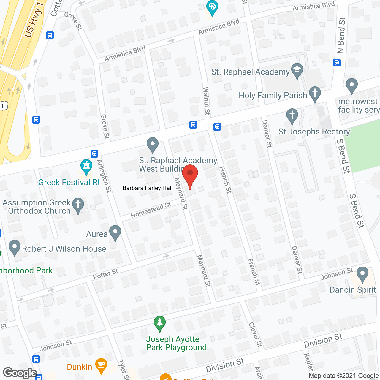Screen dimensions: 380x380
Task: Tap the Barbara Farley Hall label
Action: [x=148, y=188]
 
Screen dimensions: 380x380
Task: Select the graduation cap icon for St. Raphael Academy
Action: [x=297, y=70]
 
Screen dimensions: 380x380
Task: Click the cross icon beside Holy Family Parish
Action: [x=315, y=94]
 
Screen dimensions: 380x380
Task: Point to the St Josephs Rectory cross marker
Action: [x=292, y=116]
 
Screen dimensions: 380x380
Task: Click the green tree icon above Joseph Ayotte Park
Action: [x=160, y=323]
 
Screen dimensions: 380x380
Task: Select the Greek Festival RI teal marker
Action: [x=86, y=167]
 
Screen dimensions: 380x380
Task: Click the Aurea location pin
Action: [x=115, y=232]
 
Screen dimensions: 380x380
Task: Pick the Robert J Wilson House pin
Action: [x=14, y=247]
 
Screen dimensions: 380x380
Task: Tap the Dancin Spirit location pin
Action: [x=362, y=274]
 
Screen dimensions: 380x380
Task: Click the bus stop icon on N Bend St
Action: [x=337, y=63]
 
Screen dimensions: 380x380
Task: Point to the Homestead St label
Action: [x=151, y=210]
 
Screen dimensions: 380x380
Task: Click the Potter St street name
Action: [x=105, y=274]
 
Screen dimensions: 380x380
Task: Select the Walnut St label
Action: [x=206, y=101]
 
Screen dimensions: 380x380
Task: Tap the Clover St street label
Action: [x=256, y=335]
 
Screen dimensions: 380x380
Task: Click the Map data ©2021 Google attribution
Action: [x=343, y=376]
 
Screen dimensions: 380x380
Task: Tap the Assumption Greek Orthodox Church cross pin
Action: [x=78, y=205]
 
